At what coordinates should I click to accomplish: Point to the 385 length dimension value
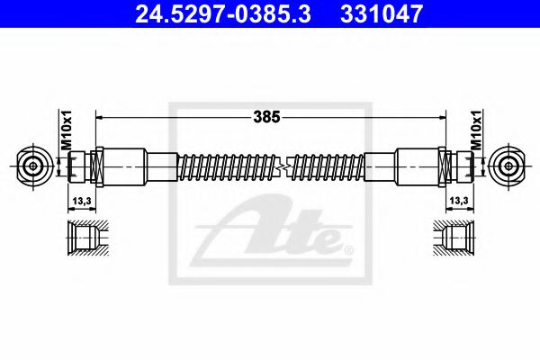tap(268, 116)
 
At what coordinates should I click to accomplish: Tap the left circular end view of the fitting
tap(34, 166)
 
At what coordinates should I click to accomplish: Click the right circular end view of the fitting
tap(506, 166)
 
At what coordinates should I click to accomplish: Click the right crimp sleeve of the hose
tap(416, 166)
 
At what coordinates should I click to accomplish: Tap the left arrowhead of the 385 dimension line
tap(99, 117)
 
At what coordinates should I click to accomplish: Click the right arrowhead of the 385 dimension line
tap(442, 117)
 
